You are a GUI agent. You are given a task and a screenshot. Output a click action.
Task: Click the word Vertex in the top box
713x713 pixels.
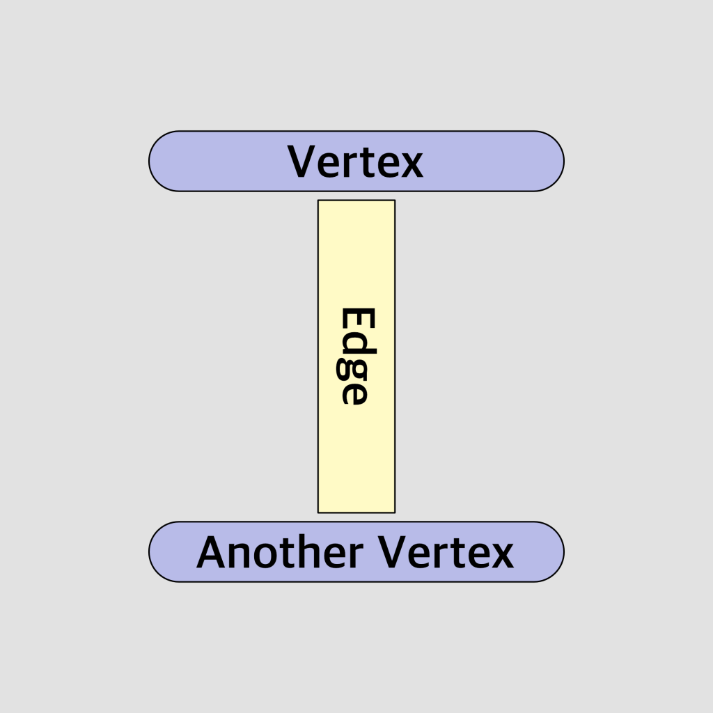pyautogui.click(x=356, y=162)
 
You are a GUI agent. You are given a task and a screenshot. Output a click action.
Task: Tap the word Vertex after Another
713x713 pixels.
pyautogui.click(x=446, y=553)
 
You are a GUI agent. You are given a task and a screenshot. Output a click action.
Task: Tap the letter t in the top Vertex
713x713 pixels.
pyautogui.click(x=368, y=163)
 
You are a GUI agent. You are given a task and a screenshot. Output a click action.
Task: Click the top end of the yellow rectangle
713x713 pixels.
pyautogui.click(x=356, y=207)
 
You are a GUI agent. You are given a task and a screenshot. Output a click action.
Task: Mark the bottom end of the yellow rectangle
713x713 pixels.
pyautogui.click(x=356, y=506)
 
